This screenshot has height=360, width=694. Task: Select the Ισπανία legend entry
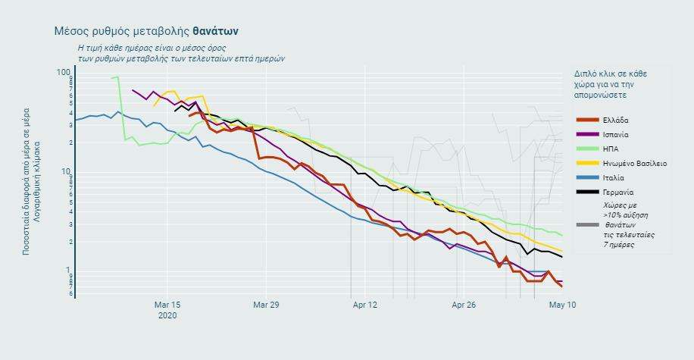(x=617, y=134)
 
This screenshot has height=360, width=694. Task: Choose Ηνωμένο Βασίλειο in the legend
(x=634, y=163)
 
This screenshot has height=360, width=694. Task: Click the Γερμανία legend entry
(x=618, y=192)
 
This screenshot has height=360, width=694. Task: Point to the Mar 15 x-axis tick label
(x=167, y=305)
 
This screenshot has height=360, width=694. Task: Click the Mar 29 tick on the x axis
(x=266, y=305)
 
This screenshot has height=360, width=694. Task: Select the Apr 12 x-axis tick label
(x=365, y=305)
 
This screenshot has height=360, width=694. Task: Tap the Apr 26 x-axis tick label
(x=464, y=305)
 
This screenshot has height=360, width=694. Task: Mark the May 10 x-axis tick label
(x=562, y=305)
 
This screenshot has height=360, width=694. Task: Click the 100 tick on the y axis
(x=63, y=72)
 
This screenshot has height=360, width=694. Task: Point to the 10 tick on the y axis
(x=66, y=171)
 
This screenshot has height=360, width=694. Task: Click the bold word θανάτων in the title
(x=216, y=31)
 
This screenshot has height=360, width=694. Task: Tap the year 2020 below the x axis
(x=167, y=315)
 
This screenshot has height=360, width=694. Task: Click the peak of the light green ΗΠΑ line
(x=117, y=77)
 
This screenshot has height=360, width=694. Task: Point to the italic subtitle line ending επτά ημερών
(x=180, y=58)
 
